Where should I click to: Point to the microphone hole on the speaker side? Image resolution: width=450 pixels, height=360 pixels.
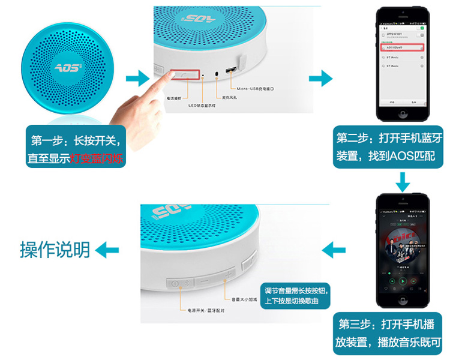217,75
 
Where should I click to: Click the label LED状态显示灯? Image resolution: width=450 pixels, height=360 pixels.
202,106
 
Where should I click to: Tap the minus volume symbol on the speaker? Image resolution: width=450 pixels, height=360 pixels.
206,280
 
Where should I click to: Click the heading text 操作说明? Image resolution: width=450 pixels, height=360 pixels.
55,249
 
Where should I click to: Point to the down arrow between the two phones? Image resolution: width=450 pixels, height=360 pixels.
403,180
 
